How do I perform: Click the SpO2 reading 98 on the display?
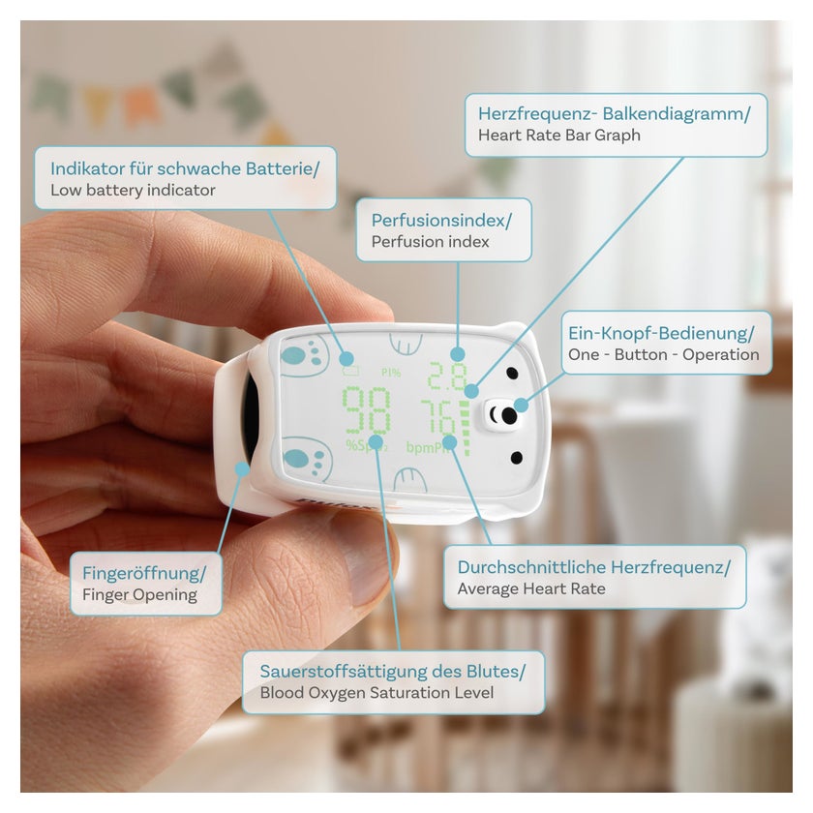point(367,411)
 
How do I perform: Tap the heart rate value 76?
point(438,416)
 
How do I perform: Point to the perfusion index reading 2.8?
point(446,376)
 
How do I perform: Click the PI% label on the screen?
point(391,373)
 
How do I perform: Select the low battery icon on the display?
point(350,371)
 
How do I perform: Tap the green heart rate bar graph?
point(466,428)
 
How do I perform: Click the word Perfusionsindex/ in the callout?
point(441,221)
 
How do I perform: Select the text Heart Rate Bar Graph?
point(559,135)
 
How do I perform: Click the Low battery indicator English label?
point(133,190)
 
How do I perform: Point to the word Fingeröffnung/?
point(144,573)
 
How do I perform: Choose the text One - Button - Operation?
point(664,354)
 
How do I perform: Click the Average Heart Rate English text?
point(531,588)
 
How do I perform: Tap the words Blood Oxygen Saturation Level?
point(376,693)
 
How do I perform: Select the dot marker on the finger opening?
point(242,469)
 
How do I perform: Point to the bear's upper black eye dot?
point(512,374)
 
